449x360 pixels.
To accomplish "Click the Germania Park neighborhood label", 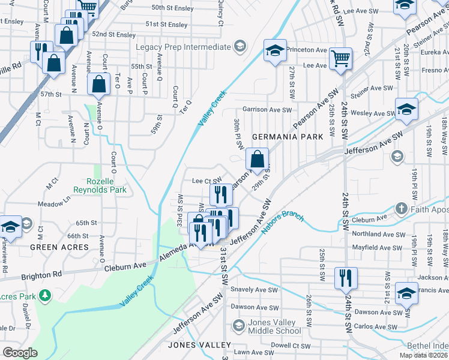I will (x=288, y=137).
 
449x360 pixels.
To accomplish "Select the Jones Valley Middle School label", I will (x=274, y=327).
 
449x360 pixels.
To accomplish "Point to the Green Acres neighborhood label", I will (x=59, y=247).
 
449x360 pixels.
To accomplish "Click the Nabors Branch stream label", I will (x=283, y=221).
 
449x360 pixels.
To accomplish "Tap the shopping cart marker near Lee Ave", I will (x=340, y=59).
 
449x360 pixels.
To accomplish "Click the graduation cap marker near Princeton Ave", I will (x=275, y=50).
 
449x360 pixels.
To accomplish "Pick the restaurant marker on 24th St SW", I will (x=346, y=278).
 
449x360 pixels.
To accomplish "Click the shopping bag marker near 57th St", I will (x=98, y=85).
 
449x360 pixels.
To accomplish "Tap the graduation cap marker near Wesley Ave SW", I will (x=406, y=110).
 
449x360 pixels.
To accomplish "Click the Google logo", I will (x=20, y=353).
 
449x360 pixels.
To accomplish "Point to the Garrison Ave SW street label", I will (x=267, y=110).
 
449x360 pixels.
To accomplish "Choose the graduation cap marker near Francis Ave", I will (x=406, y=293).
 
